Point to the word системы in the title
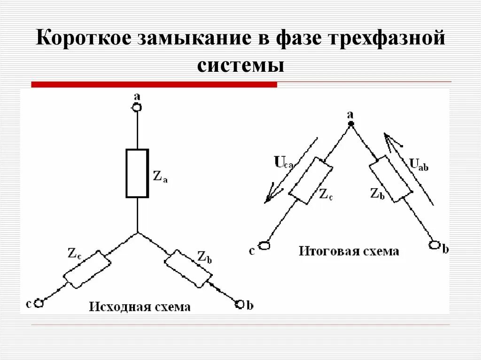(x=240, y=64)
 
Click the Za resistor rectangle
(x=137, y=173)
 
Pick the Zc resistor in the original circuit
(x=87, y=269)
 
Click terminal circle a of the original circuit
(x=137, y=107)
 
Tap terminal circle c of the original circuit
(x=39, y=304)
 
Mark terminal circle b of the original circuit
(x=240, y=304)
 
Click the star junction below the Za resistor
(x=137, y=232)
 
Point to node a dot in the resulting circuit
(x=350, y=123)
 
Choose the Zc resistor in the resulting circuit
(x=310, y=181)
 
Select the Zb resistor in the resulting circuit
(x=391, y=180)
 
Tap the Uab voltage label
(x=419, y=164)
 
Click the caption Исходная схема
(x=140, y=307)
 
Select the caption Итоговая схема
(x=349, y=251)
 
